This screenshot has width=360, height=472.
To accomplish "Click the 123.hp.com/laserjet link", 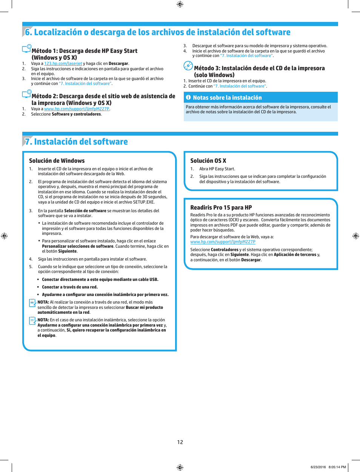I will (x=63, y=63).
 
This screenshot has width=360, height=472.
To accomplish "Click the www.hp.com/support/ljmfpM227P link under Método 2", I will (x=77, y=109).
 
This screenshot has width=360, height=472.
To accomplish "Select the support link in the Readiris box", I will (x=223, y=242).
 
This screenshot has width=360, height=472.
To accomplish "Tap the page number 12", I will (x=180, y=442).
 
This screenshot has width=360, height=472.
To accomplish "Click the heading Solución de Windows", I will (x=57, y=161).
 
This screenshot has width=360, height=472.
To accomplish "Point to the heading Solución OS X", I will (x=208, y=161).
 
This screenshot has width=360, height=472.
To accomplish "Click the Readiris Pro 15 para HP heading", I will (x=221, y=208).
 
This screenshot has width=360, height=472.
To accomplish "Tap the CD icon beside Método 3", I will (x=188, y=66).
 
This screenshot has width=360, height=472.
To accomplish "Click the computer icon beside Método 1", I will (x=26, y=49).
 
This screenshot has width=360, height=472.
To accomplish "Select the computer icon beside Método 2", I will (x=26, y=94).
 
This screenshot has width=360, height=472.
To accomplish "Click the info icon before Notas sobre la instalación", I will (x=188, y=97).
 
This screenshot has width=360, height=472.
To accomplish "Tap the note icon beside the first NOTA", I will (x=32, y=303).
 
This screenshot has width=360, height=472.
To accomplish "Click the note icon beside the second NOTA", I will (x=32, y=321).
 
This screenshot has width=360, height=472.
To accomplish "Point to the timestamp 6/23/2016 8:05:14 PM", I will (x=328, y=467).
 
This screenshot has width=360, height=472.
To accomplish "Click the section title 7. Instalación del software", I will (x=76, y=142).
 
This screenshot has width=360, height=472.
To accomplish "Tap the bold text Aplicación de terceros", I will (x=295, y=255).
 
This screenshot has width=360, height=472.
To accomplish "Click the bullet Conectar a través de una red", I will (x=69, y=287).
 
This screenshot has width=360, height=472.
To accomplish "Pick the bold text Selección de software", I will (x=85, y=211).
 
